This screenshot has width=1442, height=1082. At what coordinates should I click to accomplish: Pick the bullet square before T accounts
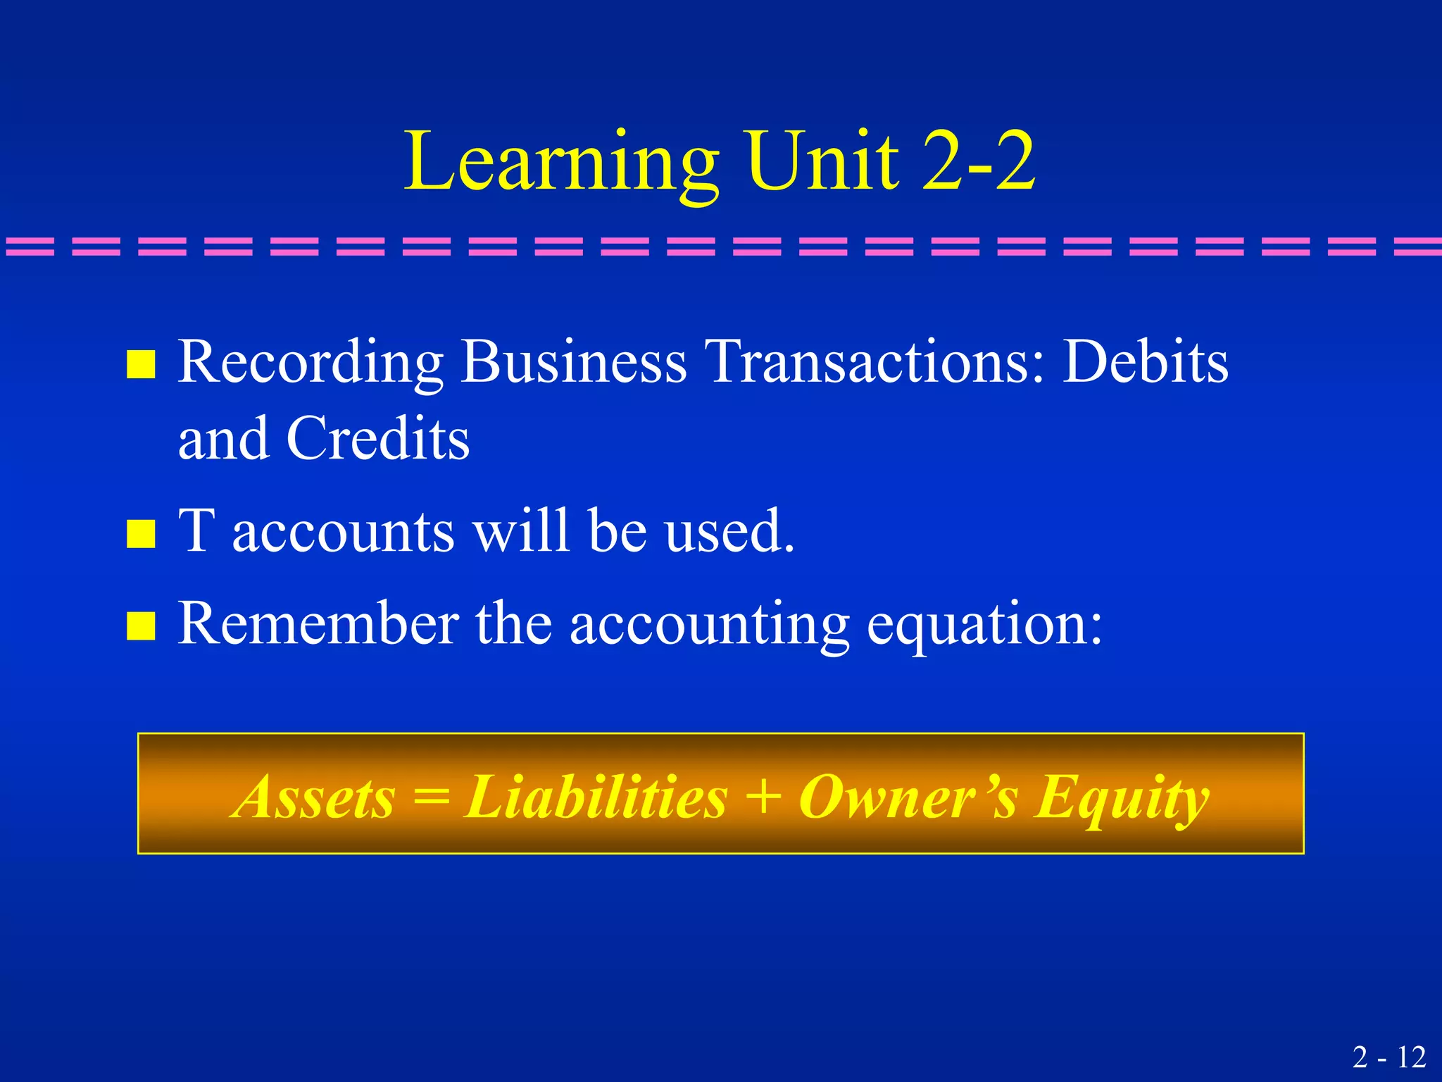tap(141, 533)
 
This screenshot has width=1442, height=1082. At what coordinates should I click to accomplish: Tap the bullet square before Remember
tap(141, 626)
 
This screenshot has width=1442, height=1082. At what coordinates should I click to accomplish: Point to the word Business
tap(573, 362)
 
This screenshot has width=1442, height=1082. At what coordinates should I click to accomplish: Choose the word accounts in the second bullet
tap(343, 531)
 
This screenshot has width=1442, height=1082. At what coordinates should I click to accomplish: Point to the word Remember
tap(318, 623)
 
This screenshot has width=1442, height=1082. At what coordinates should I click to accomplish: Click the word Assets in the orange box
tap(315, 797)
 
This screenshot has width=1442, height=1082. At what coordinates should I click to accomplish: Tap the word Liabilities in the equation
tap(595, 797)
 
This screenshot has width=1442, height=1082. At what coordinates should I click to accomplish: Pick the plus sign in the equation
tap(763, 797)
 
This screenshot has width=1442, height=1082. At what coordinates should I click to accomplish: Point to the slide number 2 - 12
tap(1389, 1057)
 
